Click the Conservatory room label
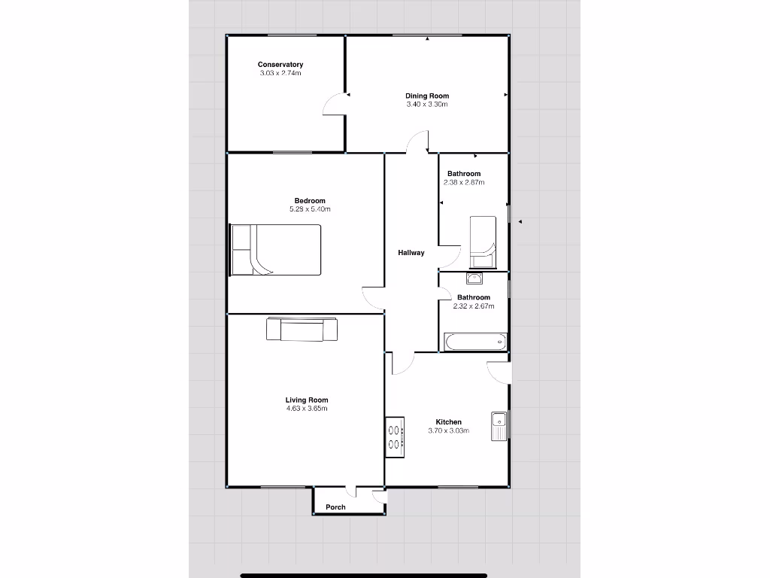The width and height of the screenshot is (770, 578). (x=280, y=65)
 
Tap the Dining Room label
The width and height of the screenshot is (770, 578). (x=427, y=96)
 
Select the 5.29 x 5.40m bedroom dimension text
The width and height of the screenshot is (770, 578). (x=310, y=208)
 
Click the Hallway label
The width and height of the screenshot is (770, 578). (x=411, y=253)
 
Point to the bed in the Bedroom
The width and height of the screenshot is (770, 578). (x=276, y=250)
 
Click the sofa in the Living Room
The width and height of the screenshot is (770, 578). (x=302, y=330)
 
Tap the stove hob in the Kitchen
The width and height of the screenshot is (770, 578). (x=395, y=437)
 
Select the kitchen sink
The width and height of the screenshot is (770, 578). (x=500, y=426)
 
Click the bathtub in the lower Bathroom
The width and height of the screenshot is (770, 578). (x=475, y=342)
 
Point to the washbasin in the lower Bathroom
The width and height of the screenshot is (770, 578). (x=474, y=279)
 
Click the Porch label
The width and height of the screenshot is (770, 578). (x=336, y=507)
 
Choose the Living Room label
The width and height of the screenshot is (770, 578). (x=307, y=400)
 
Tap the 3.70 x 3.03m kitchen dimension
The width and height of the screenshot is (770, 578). (x=449, y=430)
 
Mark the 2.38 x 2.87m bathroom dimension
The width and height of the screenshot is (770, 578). (x=464, y=182)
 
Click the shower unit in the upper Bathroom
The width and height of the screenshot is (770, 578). (x=483, y=242)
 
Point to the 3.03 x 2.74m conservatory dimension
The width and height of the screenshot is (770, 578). (x=280, y=73)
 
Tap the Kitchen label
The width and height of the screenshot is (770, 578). (x=449, y=422)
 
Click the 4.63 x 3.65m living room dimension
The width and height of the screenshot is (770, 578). (x=307, y=409)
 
